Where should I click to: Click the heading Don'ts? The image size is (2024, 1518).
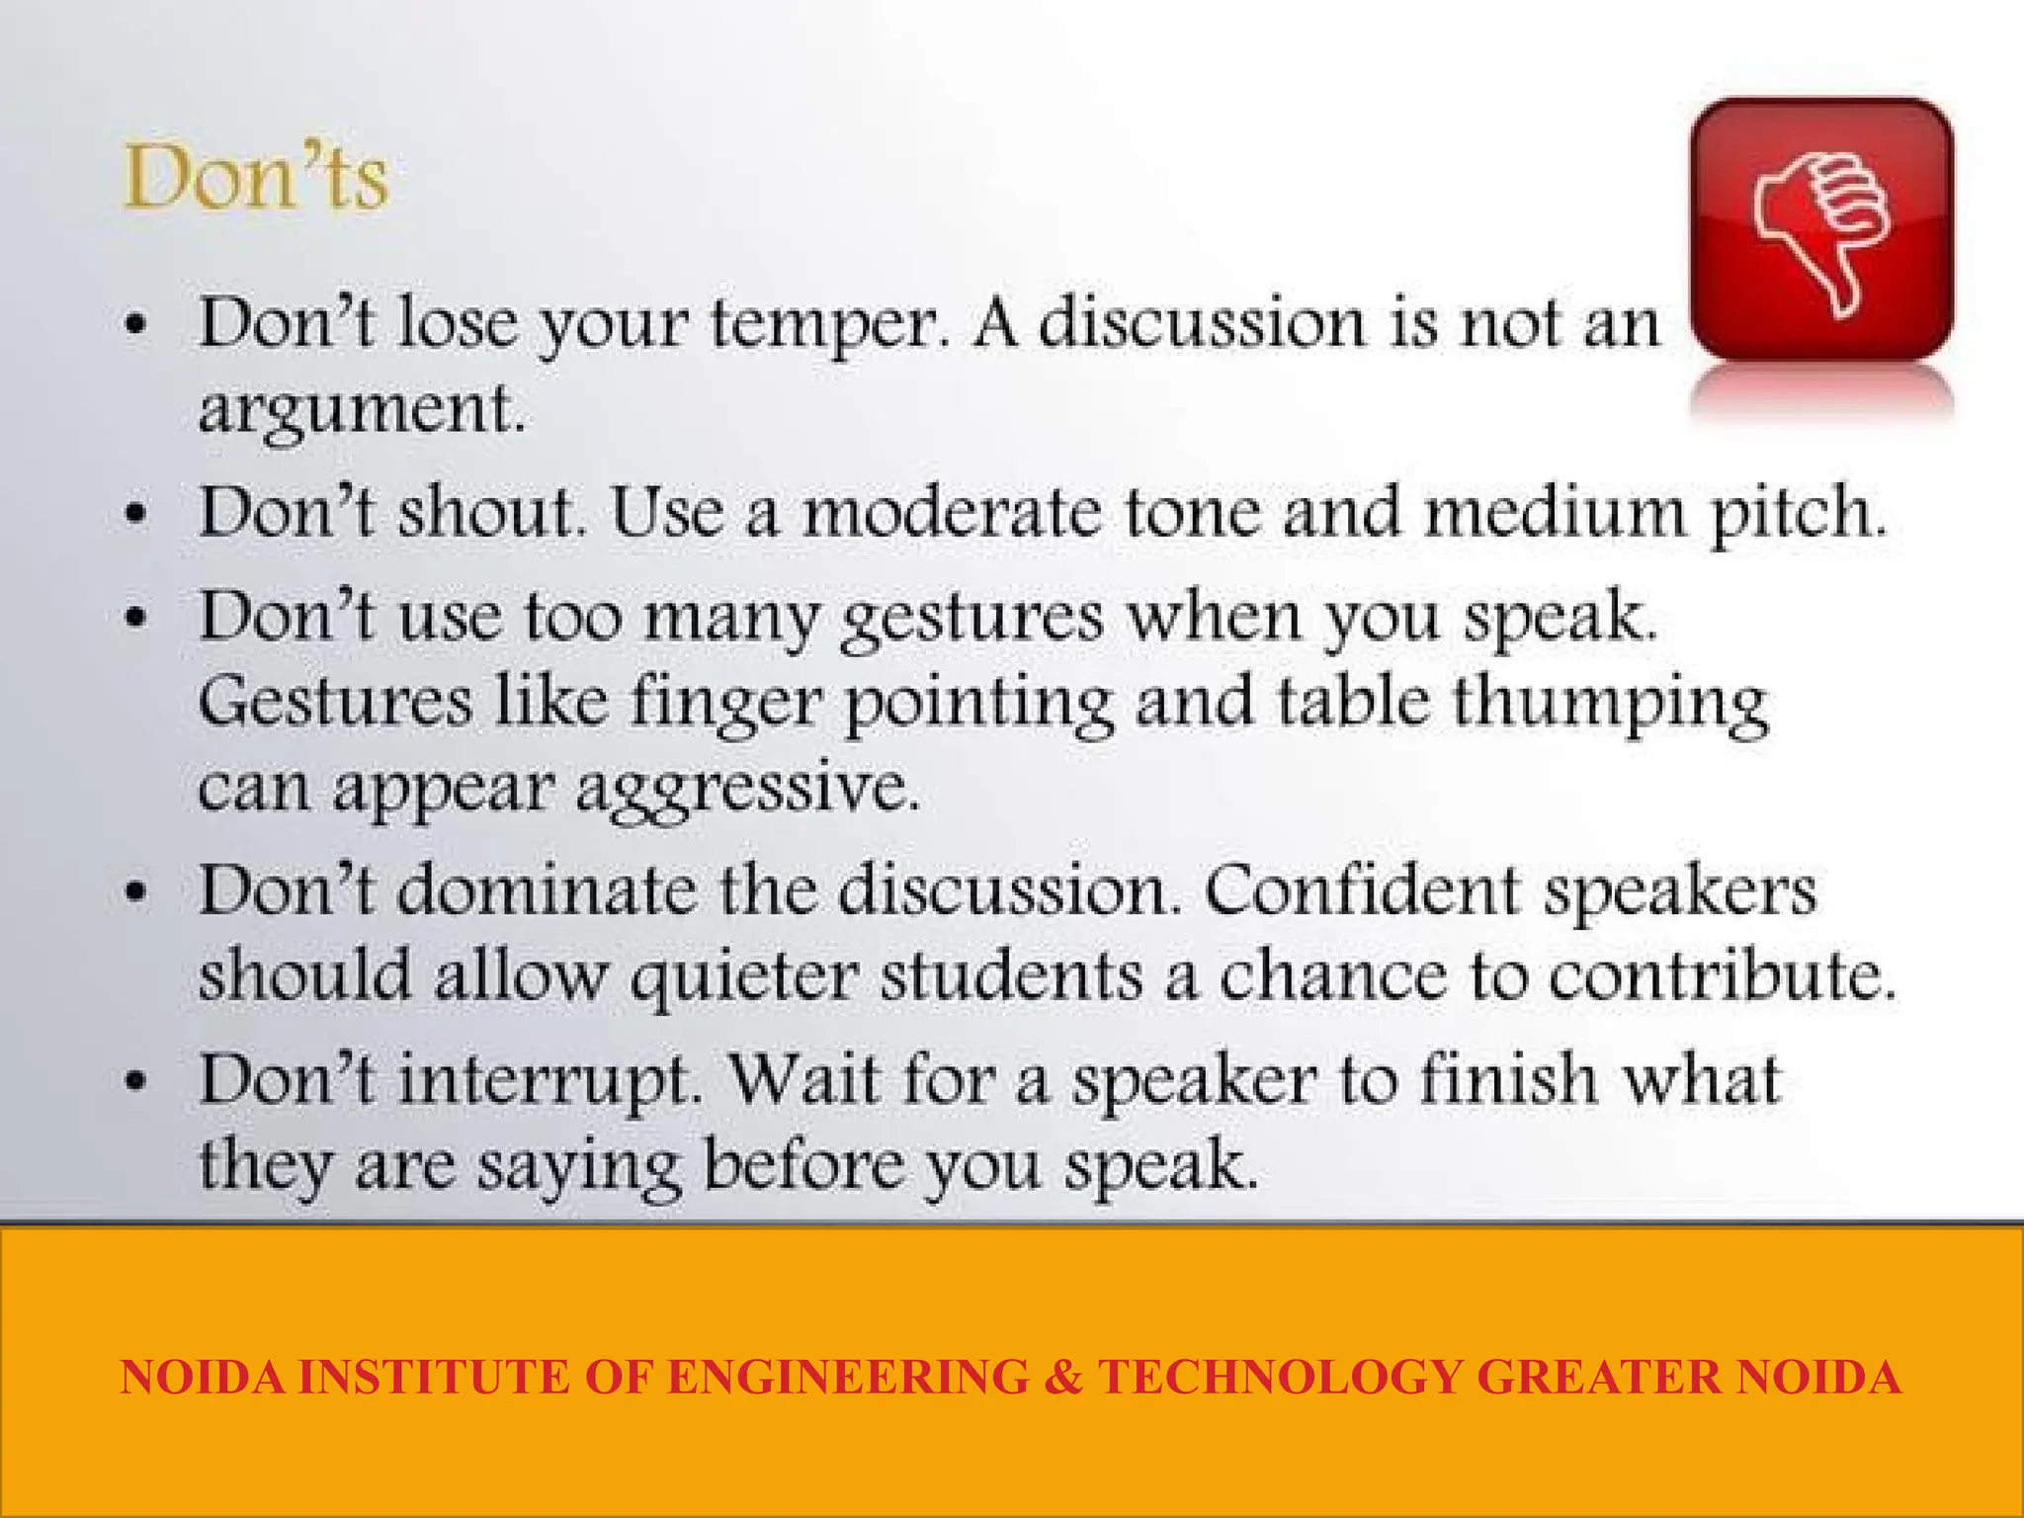256,179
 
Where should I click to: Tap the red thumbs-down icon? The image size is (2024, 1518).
1821,229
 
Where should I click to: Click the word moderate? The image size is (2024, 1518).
951,513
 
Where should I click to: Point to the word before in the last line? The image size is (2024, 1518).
803,1164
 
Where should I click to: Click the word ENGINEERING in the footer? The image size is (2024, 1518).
847,1377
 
